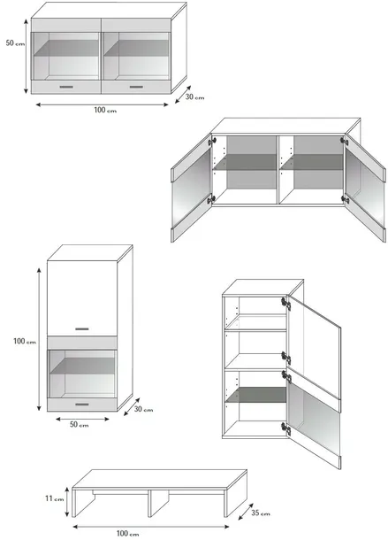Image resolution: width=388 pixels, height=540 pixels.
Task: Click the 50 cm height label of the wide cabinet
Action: [15, 43]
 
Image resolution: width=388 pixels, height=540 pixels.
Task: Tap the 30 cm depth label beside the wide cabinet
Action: [194, 96]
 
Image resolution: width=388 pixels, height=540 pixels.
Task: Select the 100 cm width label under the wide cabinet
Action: [105, 110]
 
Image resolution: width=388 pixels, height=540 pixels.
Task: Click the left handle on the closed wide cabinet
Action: [66, 87]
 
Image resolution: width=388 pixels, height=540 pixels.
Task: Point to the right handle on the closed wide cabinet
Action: [136, 87]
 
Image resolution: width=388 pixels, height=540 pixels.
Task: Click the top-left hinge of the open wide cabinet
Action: [211, 141]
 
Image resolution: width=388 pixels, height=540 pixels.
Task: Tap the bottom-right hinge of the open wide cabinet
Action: [345, 198]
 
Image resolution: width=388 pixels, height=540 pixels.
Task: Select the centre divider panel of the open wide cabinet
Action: [278, 169]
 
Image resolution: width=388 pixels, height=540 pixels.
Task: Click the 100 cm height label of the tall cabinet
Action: [25, 342]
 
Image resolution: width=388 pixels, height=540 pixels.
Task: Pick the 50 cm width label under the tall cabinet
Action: [80, 424]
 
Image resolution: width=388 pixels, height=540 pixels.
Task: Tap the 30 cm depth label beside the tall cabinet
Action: [143, 409]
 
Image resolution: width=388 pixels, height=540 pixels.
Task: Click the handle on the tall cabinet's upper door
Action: [82, 329]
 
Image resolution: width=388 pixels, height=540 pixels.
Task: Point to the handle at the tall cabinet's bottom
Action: [82, 405]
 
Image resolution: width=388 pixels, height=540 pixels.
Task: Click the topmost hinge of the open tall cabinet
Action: [285, 304]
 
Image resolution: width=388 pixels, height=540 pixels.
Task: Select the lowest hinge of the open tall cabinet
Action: [285, 428]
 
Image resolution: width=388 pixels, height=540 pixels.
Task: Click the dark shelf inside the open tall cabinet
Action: [256, 395]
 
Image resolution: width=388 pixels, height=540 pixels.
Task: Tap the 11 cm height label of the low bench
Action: [54, 498]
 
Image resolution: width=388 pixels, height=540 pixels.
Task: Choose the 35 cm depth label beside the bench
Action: [261, 513]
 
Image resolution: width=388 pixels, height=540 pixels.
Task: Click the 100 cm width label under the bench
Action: [127, 534]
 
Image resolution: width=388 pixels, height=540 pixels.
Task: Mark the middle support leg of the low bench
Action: [158, 503]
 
